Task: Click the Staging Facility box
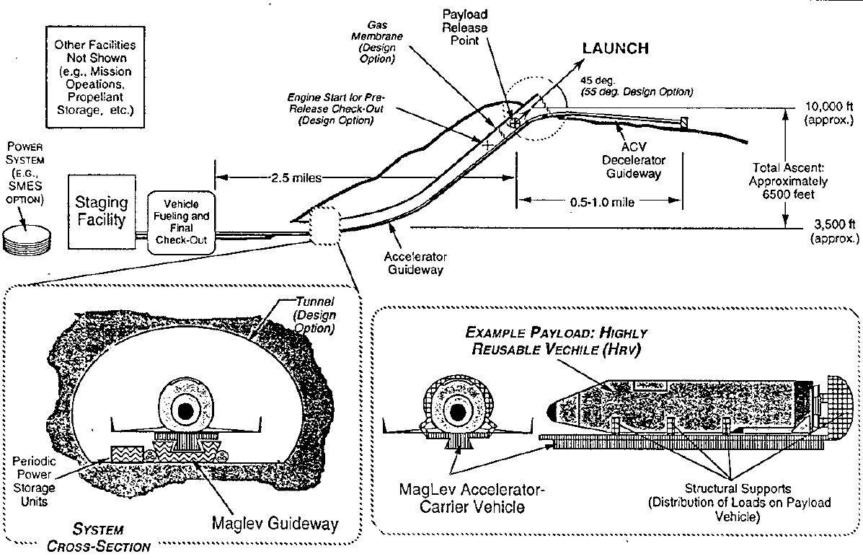(102, 211)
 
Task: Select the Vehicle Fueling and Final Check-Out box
(181, 222)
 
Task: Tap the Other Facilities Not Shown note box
(95, 76)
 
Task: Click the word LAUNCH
(615, 48)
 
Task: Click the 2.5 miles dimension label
(296, 178)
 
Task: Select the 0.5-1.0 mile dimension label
(602, 202)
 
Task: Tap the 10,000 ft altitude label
(829, 113)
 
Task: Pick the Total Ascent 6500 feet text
(787, 180)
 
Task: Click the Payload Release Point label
(464, 27)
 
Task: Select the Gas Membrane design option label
(377, 41)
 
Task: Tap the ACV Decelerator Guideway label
(634, 159)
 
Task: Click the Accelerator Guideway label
(415, 263)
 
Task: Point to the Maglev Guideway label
(275, 523)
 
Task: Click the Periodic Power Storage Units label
(34, 481)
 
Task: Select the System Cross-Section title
(99, 537)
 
